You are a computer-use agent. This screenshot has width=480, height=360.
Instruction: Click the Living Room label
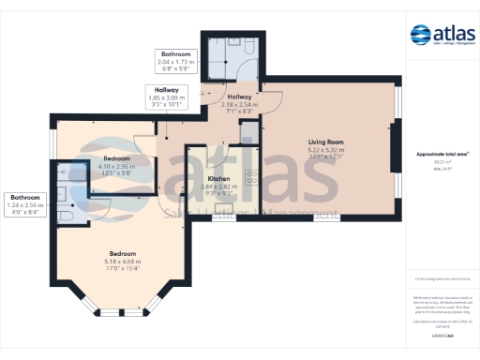point(326,142)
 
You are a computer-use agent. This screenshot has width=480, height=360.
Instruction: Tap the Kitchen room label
point(218,177)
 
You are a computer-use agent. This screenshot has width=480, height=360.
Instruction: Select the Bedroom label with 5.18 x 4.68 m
point(122,254)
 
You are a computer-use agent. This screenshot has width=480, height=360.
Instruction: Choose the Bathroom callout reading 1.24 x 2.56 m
point(25,198)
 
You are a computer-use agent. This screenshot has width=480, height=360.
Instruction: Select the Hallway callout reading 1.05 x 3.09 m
point(167,90)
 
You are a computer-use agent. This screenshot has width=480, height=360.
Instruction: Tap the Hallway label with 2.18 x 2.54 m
point(239,97)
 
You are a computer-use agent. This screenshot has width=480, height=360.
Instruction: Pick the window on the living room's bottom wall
point(325,217)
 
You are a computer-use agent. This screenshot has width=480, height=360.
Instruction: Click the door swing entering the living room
point(273,101)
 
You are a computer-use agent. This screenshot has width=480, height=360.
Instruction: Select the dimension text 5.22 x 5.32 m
point(326,150)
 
